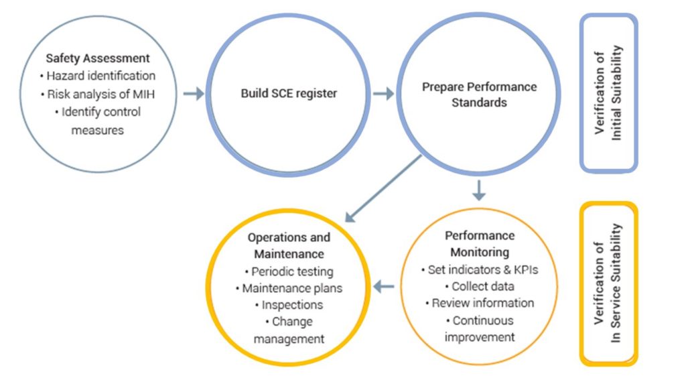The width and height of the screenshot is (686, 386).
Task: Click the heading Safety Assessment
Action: (x=98, y=58)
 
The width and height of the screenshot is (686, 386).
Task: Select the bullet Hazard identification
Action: (x=98, y=76)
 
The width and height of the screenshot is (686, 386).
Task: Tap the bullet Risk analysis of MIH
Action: (x=98, y=94)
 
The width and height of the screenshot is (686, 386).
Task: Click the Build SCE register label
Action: (x=289, y=93)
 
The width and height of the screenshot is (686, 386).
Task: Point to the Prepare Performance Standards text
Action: (x=479, y=94)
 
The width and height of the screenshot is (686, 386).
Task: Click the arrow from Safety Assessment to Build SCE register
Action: (x=193, y=94)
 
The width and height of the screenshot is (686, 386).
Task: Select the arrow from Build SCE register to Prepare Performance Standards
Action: (x=383, y=94)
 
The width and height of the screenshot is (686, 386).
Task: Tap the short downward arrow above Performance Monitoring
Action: (x=479, y=190)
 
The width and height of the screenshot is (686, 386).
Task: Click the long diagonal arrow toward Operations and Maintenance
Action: (x=384, y=188)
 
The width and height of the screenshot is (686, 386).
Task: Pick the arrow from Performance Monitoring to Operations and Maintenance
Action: (x=384, y=287)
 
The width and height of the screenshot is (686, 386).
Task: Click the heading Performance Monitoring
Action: (x=479, y=244)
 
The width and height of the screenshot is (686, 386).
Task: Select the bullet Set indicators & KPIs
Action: (x=479, y=270)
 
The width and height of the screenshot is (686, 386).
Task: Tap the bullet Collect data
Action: (x=479, y=287)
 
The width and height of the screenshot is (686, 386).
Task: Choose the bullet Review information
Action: (x=479, y=303)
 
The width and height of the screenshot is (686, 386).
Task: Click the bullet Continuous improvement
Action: (x=479, y=328)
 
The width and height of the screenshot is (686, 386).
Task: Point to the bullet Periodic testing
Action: (x=289, y=272)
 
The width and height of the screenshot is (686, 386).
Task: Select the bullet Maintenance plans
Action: (x=289, y=289)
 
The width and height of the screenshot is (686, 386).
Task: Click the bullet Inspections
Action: (x=289, y=305)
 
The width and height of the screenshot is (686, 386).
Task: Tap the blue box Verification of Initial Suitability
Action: (x=608, y=92)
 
